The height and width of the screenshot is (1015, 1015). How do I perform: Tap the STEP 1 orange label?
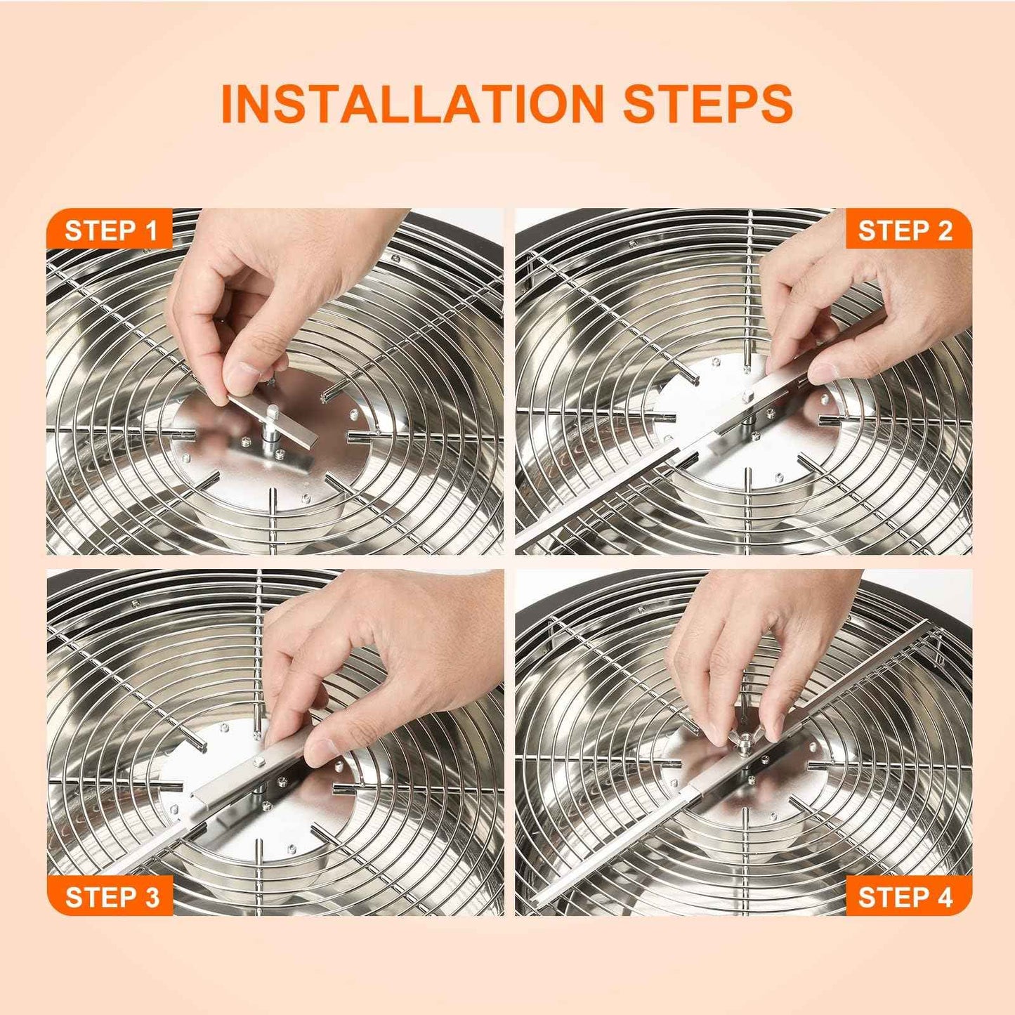tap(110, 230)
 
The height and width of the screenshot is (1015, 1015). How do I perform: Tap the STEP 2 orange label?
tap(905, 230)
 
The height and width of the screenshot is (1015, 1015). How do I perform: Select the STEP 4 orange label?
tap(905, 897)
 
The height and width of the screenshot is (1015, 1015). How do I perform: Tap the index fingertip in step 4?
tap(716, 734)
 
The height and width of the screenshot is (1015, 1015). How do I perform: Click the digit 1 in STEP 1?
tap(150, 230)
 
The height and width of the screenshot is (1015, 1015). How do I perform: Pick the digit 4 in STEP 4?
tap(943, 897)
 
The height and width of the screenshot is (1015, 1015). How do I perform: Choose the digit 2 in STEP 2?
tap(943, 230)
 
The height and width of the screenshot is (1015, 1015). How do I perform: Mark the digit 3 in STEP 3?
tap(150, 897)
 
